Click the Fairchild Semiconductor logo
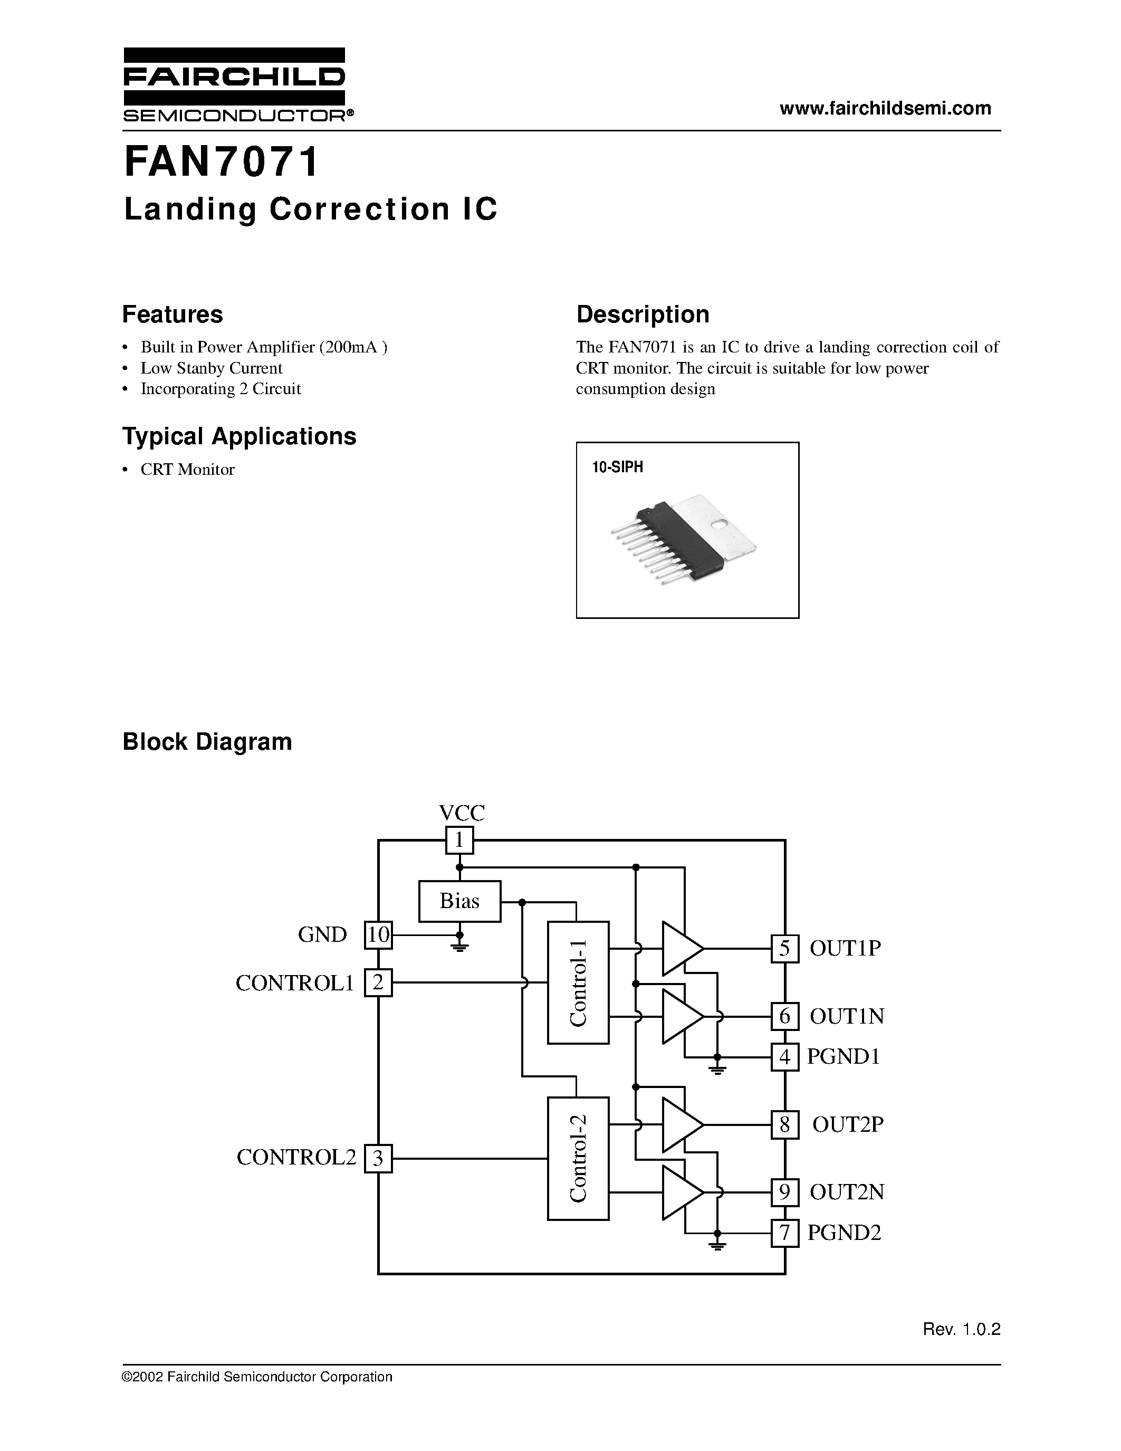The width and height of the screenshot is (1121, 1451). point(234,84)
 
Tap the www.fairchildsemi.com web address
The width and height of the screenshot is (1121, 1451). point(885,108)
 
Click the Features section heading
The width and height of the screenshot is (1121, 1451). point(173,314)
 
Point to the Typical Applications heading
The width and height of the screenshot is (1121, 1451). point(239,436)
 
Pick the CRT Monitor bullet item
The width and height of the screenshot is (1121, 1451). point(187,470)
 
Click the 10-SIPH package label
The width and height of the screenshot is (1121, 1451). point(618,467)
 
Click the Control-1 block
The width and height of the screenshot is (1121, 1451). point(578,982)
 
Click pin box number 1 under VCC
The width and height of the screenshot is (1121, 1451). point(459,841)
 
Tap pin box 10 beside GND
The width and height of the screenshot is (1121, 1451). point(379,935)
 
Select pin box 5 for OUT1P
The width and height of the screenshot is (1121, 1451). point(784,949)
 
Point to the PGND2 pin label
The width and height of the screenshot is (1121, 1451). point(844,1233)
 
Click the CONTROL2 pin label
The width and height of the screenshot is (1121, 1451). point(296,1157)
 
